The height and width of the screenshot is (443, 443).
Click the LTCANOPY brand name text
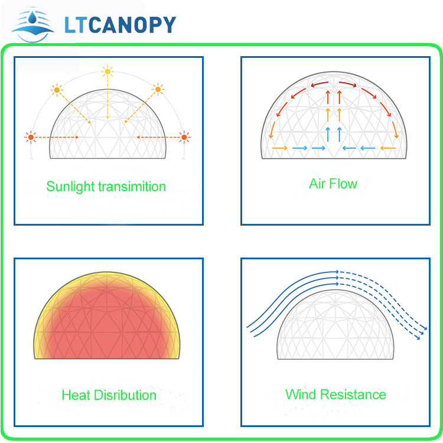coord(119,25)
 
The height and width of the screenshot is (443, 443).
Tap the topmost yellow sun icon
coord(107,72)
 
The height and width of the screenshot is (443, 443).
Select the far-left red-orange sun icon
coord(30,137)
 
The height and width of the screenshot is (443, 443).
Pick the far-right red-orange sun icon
coord(184,137)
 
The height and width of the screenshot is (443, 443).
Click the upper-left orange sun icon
coord(57,90)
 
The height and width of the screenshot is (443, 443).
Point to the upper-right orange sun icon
coord(158,89)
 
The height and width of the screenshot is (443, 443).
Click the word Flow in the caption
coord(344,184)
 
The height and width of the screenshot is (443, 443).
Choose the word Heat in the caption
coord(76,395)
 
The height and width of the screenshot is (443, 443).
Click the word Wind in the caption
coord(300,394)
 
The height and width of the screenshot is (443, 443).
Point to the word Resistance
coord(352,394)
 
